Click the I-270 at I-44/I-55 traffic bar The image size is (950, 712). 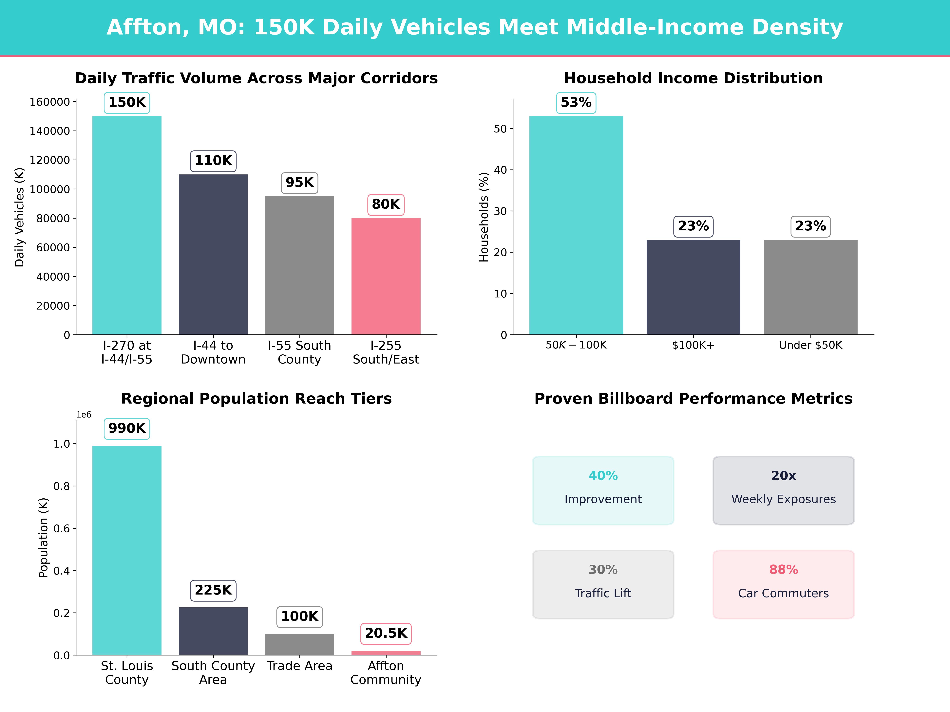click(x=127, y=225)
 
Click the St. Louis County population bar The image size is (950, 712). click(x=127, y=550)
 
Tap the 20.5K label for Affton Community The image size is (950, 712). click(x=386, y=633)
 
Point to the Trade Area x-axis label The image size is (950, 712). click(x=299, y=666)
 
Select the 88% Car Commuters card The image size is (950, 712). click(x=783, y=585)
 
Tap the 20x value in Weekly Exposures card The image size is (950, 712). click(x=783, y=475)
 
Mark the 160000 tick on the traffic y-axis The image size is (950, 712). click(x=49, y=102)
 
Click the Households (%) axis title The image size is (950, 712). click(x=484, y=217)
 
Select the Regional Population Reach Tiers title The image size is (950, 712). click(x=256, y=399)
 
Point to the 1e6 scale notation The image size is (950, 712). click(x=84, y=415)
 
